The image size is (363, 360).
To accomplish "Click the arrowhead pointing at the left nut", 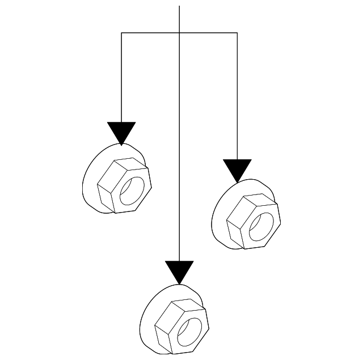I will click(x=122, y=133).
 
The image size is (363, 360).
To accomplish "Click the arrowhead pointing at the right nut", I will click(x=237, y=170).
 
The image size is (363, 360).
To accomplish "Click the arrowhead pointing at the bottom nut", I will click(x=179, y=271).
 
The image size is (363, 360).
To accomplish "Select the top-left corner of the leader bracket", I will click(x=122, y=33).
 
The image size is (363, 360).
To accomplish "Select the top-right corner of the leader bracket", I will click(x=237, y=33).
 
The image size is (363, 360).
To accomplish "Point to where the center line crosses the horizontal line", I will click(x=179, y=33).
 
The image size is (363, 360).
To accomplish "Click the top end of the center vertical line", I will click(x=179, y=7).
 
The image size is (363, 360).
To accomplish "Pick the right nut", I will click(x=245, y=215).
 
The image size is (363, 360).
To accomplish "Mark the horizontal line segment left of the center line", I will click(x=150, y=33).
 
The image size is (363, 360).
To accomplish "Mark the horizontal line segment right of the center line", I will click(x=208, y=33).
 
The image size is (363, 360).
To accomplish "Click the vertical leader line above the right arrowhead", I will click(x=237, y=96).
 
